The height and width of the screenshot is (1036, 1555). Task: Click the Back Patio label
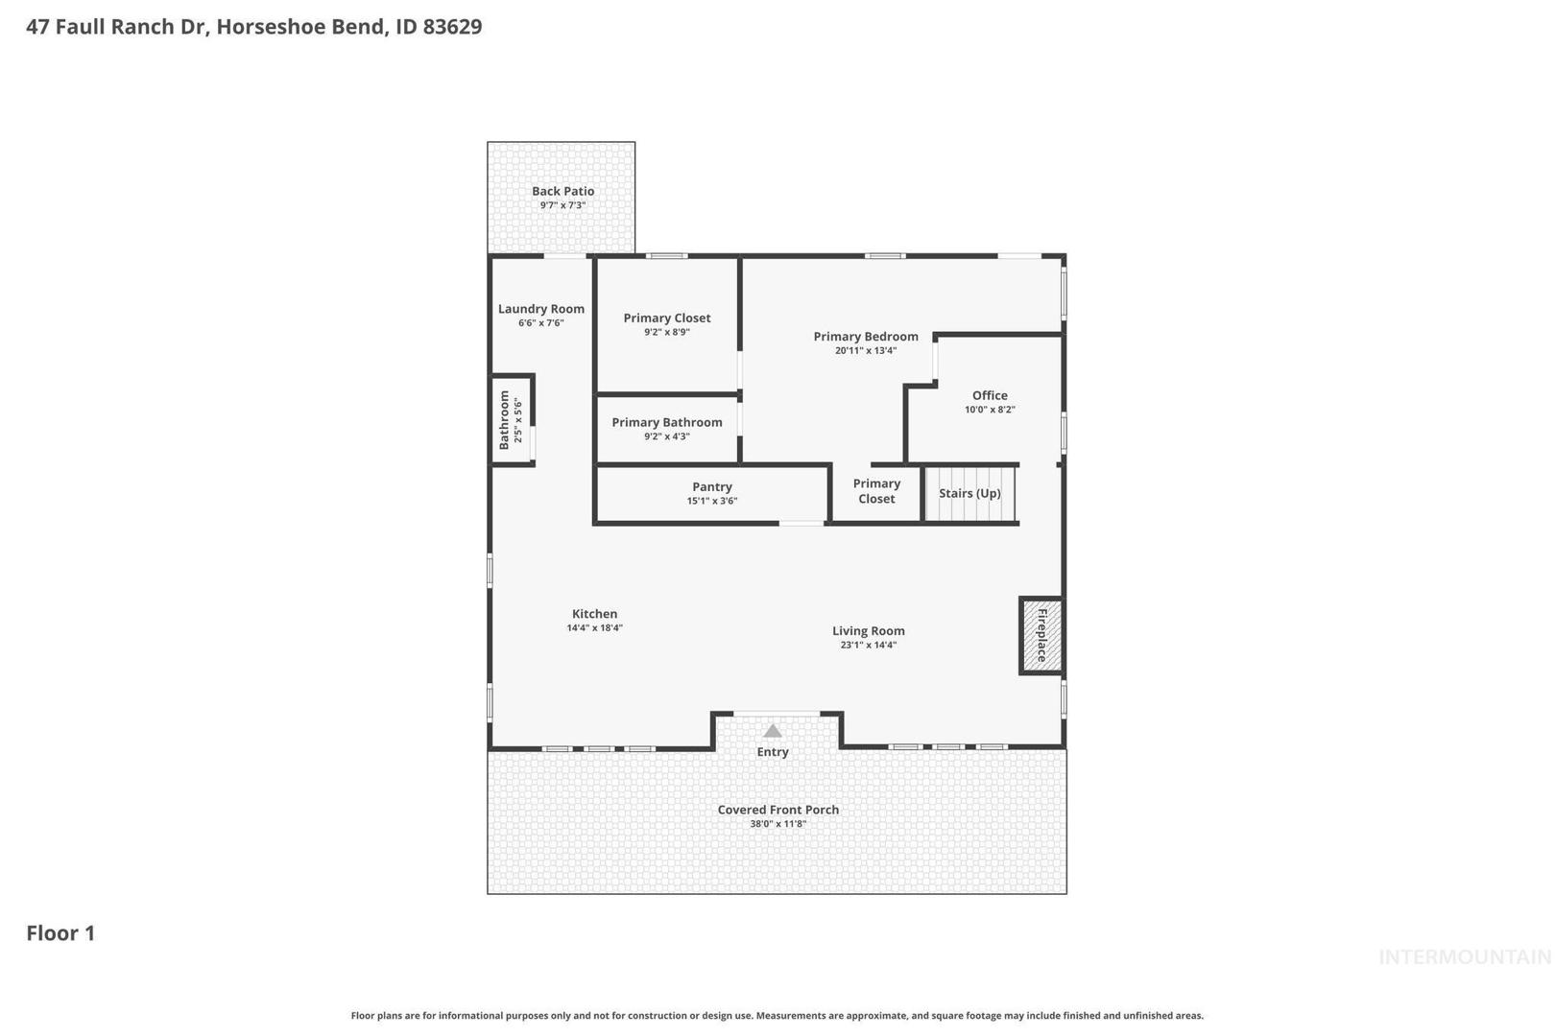pyautogui.click(x=563, y=191)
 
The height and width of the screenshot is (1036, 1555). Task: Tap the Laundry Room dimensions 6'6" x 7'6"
pyautogui.click(x=540, y=322)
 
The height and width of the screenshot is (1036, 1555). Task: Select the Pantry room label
pyautogui.click(x=712, y=487)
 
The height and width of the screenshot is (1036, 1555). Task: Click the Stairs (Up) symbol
pyautogui.click(x=969, y=493)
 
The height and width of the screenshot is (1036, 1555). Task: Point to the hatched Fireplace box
pyautogui.click(x=1041, y=635)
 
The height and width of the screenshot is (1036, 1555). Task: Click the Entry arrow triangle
pyautogui.click(x=773, y=731)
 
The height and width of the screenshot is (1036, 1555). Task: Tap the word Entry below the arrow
pyautogui.click(x=773, y=752)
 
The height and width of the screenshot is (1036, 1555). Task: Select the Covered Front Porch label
pyautogui.click(x=778, y=810)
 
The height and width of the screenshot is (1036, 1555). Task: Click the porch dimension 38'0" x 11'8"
pyautogui.click(x=778, y=824)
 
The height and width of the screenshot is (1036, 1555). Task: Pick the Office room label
pyautogui.click(x=990, y=395)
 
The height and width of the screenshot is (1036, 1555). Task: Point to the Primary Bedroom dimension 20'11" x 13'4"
pyautogui.click(x=866, y=350)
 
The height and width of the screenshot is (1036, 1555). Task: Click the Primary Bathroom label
pyautogui.click(x=667, y=423)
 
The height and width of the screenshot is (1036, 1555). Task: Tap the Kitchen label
pyautogui.click(x=594, y=614)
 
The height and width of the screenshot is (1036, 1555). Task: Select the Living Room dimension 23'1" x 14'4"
pyautogui.click(x=869, y=645)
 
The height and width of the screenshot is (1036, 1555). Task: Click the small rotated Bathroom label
pyautogui.click(x=505, y=420)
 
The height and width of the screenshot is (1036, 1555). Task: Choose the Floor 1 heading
pyautogui.click(x=60, y=933)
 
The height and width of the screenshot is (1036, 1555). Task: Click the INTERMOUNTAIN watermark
pyautogui.click(x=1466, y=957)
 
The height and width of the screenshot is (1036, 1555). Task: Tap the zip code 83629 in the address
pyautogui.click(x=453, y=26)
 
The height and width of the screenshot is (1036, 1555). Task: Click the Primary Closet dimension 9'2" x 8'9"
pyautogui.click(x=667, y=332)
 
